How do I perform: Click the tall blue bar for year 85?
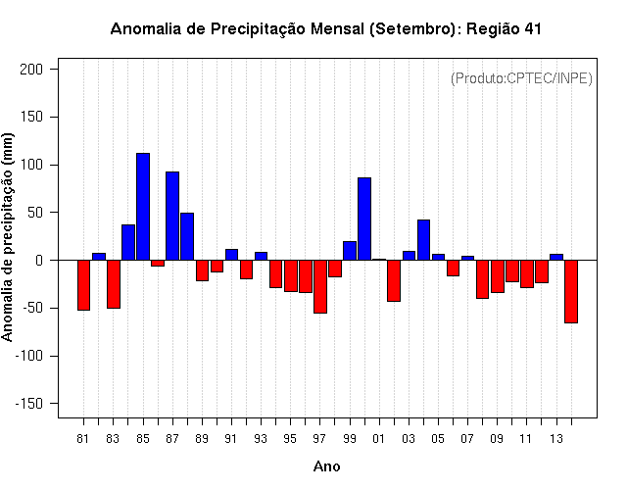pos(143,206)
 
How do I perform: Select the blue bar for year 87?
pos(172,216)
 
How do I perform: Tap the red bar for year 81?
pos(83,285)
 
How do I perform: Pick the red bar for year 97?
pos(320,286)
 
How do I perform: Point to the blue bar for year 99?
pos(350,250)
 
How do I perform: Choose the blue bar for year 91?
pos(231,255)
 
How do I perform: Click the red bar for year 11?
pos(527,273)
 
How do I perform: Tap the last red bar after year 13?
pos(571,291)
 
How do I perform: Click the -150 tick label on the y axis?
pos(29,404)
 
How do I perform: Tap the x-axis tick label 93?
pos(261,438)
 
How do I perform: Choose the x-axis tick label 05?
pos(438,438)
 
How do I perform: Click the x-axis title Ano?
pos(327,466)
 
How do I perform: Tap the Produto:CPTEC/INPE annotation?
pos(521,77)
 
